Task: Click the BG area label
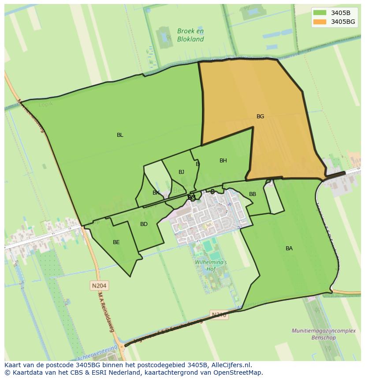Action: [x=260, y=117]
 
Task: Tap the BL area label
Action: [x=120, y=135]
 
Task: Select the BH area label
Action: [x=223, y=161]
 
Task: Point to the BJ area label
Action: [x=181, y=172]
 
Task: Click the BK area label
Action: [x=156, y=193]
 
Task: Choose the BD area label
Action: [x=144, y=224]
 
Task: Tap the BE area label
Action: [x=116, y=242]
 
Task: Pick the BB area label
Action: [x=253, y=194]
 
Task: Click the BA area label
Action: [x=289, y=248]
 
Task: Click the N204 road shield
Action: [x=99, y=286]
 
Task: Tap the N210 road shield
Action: [x=219, y=315]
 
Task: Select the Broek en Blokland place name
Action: [x=190, y=35]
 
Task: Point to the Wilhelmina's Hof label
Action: [x=211, y=265]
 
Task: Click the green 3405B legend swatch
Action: [x=320, y=12]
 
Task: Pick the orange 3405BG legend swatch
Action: [x=320, y=22]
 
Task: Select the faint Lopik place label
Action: [x=46, y=105]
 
